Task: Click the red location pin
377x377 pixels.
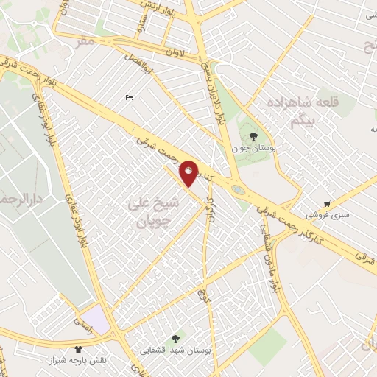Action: coord(189,173)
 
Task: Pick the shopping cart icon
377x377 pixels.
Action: coord(327,204)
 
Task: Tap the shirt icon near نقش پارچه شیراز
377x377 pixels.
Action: coord(79,348)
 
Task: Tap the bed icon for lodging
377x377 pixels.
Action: coord(130,98)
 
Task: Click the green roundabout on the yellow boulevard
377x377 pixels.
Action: coord(239,189)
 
